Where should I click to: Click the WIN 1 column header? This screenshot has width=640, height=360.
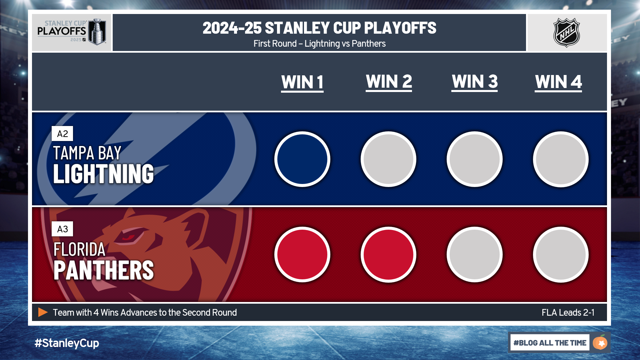pos(302,82)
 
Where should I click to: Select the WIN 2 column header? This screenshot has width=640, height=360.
pos(389,82)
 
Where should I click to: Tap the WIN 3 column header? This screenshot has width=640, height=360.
pos(475,82)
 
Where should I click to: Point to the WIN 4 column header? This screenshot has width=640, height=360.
pos(558,82)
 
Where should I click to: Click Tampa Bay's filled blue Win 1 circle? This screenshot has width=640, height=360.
pos(302,159)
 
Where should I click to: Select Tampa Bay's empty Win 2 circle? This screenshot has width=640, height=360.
pos(388,159)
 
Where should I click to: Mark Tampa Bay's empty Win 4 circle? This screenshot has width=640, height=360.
pos(561,159)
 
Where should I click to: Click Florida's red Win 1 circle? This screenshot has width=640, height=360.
pos(302,255)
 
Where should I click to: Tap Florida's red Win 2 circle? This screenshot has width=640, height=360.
pos(388,255)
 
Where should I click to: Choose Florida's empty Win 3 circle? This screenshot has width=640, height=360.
pos(475,255)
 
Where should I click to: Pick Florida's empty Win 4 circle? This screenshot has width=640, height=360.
pos(561,255)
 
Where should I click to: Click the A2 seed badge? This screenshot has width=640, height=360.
pos(62,134)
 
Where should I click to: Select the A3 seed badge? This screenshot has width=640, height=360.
pos(62,229)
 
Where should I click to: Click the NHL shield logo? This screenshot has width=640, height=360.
pos(566,32)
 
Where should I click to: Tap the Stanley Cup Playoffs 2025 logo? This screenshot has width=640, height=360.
pos(71,32)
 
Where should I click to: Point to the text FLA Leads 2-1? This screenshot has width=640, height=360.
pos(568,312)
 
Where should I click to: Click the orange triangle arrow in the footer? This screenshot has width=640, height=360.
pos(43,312)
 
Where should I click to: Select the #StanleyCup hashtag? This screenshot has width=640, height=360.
pos(67,343)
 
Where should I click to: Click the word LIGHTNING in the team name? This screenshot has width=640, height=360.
pos(103,174)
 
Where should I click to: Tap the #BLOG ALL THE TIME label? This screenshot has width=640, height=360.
pos(550,343)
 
